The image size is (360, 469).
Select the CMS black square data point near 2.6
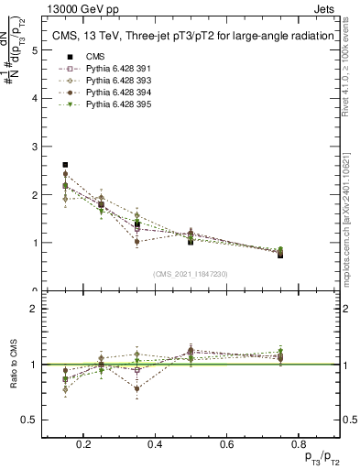[x=65, y=165]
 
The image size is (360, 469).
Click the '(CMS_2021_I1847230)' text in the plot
[x=190, y=274]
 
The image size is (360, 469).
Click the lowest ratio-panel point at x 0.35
[x=136, y=388]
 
